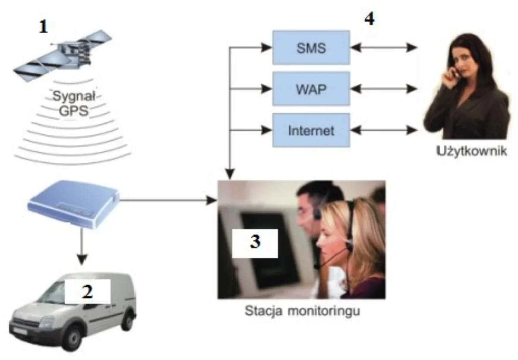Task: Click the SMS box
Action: point(311,47)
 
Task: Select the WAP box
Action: point(311,89)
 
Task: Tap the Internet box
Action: point(311,130)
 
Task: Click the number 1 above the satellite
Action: point(44,27)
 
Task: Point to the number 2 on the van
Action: point(87,291)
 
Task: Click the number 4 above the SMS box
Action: point(370,19)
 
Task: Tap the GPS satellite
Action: point(63,56)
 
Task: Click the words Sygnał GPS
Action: point(74,103)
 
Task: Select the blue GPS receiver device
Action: point(73,204)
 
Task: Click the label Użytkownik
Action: point(471,151)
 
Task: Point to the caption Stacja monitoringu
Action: point(302,310)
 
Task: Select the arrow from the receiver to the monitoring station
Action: point(168,200)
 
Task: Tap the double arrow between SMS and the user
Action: point(384,47)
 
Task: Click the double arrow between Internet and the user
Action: point(384,130)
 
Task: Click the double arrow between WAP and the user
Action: point(384,89)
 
